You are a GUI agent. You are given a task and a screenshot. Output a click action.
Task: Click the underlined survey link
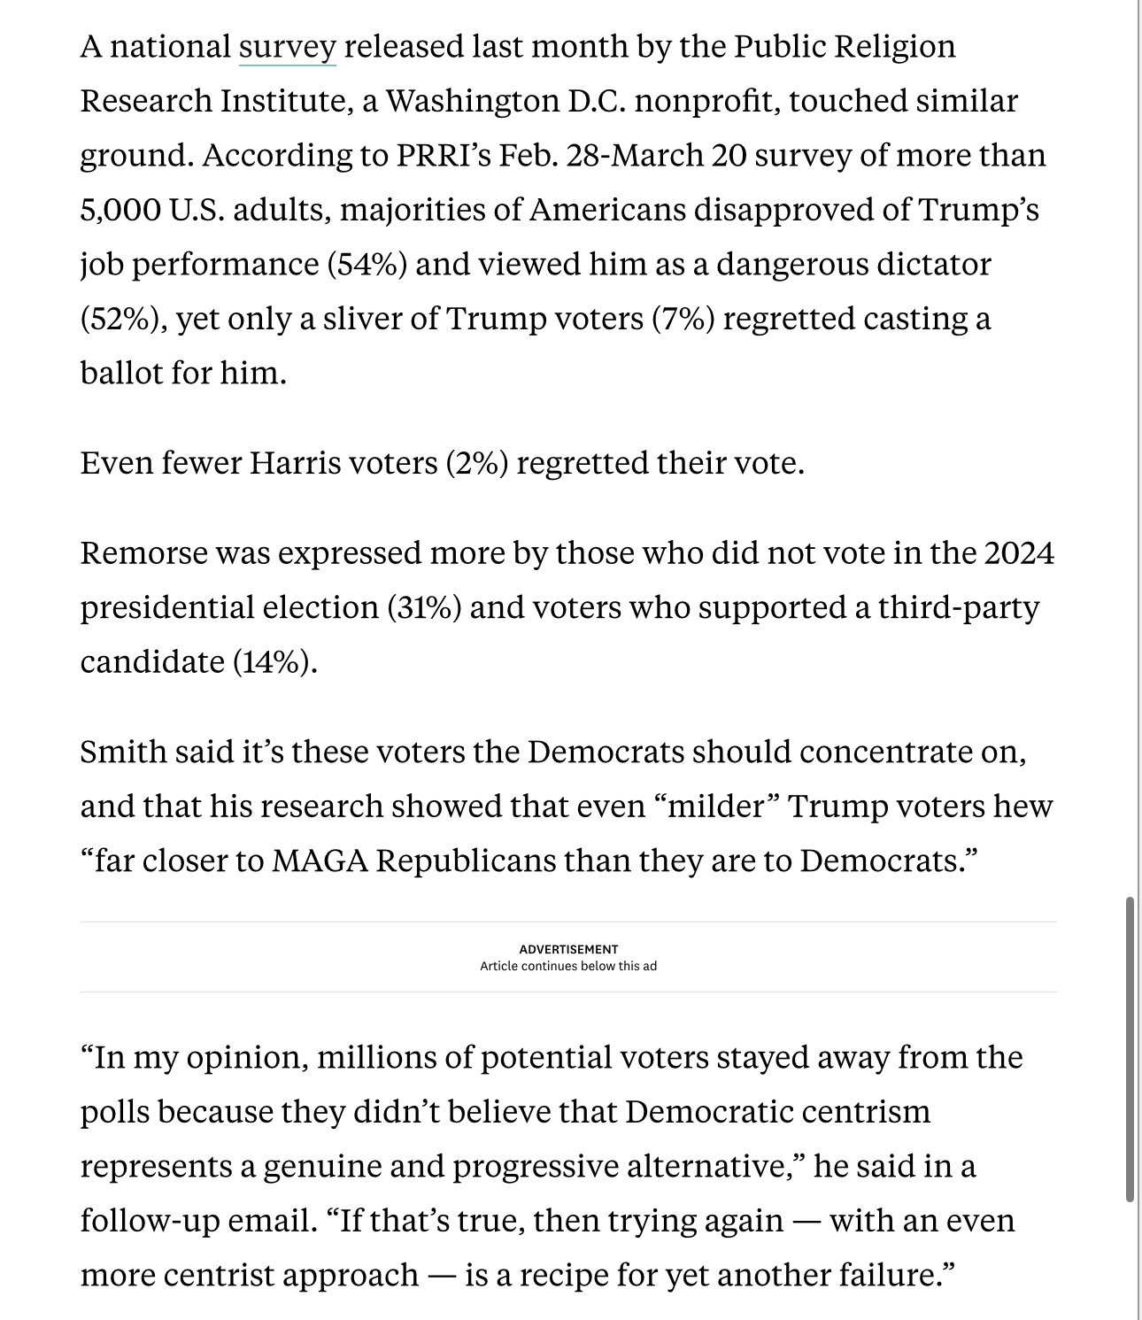click(287, 47)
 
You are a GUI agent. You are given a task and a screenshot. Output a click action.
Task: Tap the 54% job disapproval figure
click(367, 265)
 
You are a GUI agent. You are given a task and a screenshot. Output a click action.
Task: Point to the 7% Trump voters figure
click(683, 319)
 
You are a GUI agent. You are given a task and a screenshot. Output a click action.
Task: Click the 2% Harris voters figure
click(476, 463)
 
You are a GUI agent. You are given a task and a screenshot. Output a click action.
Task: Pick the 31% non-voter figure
click(424, 608)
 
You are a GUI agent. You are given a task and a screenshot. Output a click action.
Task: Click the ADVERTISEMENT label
click(568, 949)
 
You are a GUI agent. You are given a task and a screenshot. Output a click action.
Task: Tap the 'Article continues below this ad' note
click(568, 966)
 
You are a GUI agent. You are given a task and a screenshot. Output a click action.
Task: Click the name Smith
click(122, 753)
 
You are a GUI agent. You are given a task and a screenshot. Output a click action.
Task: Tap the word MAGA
click(319, 861)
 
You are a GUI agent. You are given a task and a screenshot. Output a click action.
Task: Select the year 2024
click(1019, 553)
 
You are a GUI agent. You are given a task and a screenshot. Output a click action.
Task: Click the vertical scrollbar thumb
click(1130, 1049)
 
